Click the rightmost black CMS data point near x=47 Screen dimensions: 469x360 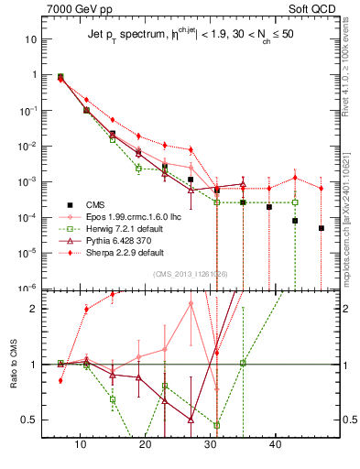(322, 228)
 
